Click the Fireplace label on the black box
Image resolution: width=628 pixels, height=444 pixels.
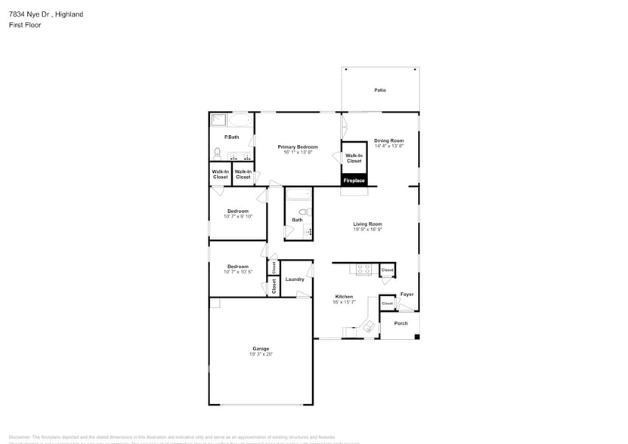pos(354,180)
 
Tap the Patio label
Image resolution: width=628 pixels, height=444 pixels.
pos(380,91)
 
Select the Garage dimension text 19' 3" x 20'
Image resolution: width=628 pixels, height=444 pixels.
pos(261,353)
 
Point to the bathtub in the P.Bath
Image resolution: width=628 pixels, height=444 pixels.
pos(242,121)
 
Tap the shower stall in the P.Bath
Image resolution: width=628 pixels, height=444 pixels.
pos(218,121)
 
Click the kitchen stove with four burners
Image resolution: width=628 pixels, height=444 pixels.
pos(363,269)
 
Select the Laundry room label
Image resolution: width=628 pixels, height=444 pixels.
pos(295,279)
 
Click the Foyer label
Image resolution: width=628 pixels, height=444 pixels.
pos(407,294)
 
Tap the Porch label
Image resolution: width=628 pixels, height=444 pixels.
pos(401,323)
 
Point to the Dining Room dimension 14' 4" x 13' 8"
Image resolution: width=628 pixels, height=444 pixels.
pos(389,146)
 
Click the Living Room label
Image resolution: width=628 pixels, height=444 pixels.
pos(367,224)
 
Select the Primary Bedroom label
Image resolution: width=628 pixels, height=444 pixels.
pos(298,146)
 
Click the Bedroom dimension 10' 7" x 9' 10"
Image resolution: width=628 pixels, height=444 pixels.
pos(238,217)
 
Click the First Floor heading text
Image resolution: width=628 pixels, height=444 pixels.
pos(26,25)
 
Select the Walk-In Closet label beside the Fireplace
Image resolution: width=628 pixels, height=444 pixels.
pos(354,158)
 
